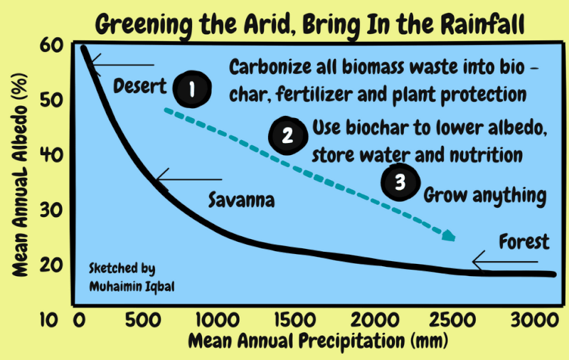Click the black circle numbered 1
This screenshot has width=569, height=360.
[x=192, y=89]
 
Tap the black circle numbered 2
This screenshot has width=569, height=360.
[x=288, y=136]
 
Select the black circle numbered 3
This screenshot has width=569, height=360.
[x=400, y=182]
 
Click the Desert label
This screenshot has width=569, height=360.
[x=139, y=86]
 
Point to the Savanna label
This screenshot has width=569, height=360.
[x=241, y=200]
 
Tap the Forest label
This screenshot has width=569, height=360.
[x=524, y=241]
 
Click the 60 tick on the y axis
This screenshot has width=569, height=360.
[x=51, y=46]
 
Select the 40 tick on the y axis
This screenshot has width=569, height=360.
[x=51, y=155]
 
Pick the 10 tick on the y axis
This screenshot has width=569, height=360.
[x=49, y=320]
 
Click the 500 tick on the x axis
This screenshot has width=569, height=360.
[x=143, y=320]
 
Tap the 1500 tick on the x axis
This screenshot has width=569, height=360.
[x=295, y=320]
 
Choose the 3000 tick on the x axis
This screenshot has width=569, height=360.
[x=535, y=320]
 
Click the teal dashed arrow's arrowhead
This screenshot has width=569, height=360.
[x=449, y=235]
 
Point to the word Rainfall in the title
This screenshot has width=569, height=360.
[x=483, y=24]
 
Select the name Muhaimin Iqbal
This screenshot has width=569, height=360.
[x=132, y=287]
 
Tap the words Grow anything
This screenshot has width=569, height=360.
[x=485, y=196]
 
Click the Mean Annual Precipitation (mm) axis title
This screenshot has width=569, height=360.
[x=318, y=341]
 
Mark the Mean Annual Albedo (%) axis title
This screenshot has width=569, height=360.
[x=20, y=175]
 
